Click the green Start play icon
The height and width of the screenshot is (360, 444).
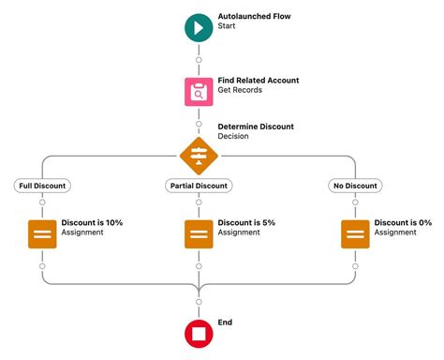[x=199, y=27]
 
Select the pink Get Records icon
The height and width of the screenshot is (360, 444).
[x=199, y=91]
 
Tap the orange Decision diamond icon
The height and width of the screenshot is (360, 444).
[x=199, y=156]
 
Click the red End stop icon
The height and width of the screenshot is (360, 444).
[x=199, y=333]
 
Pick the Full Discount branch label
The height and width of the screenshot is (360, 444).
[x=42, y=186]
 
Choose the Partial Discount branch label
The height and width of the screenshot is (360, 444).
[x=199, y=186]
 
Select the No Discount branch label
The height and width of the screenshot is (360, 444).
[x=355, y=186]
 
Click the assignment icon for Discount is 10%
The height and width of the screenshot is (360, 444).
[x=42, y=233]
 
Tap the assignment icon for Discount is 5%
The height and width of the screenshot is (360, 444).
[x=199, y=233]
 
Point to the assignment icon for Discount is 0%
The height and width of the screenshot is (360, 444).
[x=355, y=233]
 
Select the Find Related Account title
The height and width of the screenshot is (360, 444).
[x=259, y=81]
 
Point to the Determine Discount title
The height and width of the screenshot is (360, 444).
[x=256, y=126]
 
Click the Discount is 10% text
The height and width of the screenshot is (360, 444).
[x=92, y=222]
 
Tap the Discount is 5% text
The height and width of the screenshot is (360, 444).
[x=246, y=222]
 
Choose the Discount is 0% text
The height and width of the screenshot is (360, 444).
[x=403, y=222]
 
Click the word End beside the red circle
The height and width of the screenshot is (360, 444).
[x=225, y=322]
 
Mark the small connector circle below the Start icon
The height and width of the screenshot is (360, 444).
[x=199, y=60]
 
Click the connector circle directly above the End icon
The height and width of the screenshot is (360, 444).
[x=199, y=302]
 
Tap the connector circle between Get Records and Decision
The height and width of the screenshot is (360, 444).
[x=199, y=123]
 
